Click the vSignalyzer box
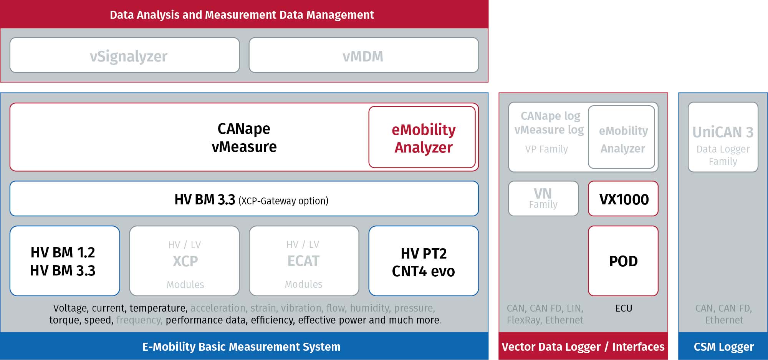pyautogui.click(x=124, y=55)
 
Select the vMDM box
pyautogui.click(x=364, y=55)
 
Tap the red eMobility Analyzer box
pyautogui.click(x=422, y=137)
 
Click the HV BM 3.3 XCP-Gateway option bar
pyautogui.click(x=244, y=199)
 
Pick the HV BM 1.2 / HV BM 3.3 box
pyautogui.click(x=65, y=261)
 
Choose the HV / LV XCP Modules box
pyautogui.click(x=184, y=261)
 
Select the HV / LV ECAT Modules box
pyautogui.click(x=304, y=261)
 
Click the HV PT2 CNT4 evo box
pyautogui.click(x=424, y=261)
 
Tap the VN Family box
pyautogui.click(x=543, y=199)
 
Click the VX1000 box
pyautogui.click(x=623, y=199)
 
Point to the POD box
pyautogui.click(x=623, y=261)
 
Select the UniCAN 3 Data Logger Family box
pyautogui.click(x=723, y=137)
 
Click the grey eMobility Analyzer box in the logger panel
pyautogui.click(x=622, y=137)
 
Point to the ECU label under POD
pyautogui.click(x=624, y=308)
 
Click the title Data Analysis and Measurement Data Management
pyautogui.click(x=242, y=15)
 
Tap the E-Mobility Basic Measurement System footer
pyautogui.click(x=241, y=347)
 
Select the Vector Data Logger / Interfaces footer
pyautogui.click(x=583, y=347)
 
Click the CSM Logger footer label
pyautogui.click(x=724, y=347)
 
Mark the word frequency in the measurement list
pyautogui.click(x=139, y=320)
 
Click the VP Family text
pyautogui.click(x=546, y=149)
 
